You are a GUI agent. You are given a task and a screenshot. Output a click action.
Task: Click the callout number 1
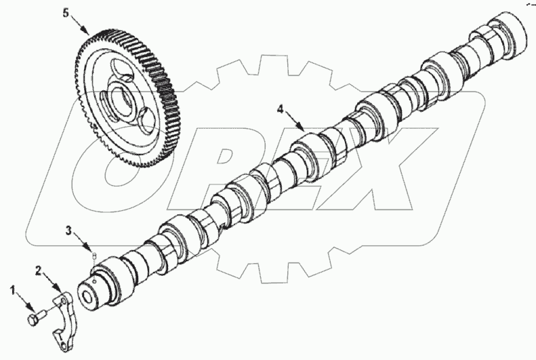[12, 291]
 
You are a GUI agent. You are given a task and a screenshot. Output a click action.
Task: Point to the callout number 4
[280, 108]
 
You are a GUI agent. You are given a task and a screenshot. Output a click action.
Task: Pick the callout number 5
[66, 13]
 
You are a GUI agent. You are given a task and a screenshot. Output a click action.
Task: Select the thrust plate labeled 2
[66, 319]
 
